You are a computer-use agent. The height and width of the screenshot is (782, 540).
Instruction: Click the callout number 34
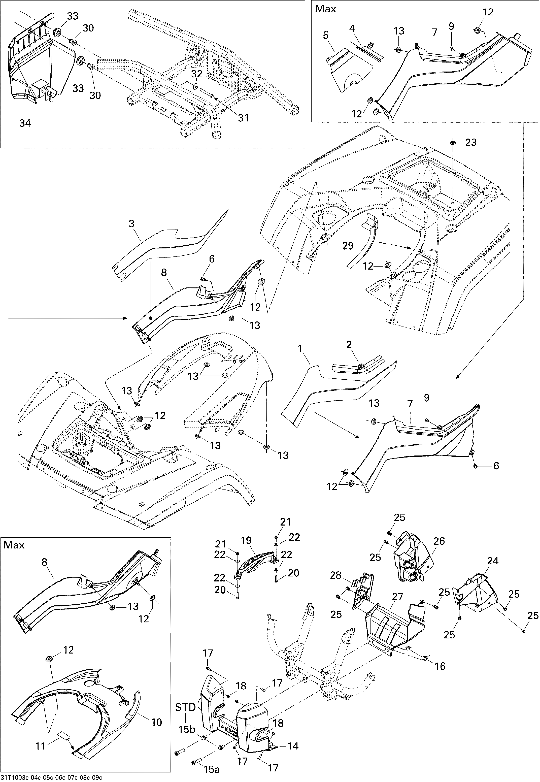(25, 123)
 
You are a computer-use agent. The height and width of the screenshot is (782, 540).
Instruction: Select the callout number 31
(243, 118)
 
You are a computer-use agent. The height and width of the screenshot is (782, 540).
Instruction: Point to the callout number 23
(471, 142)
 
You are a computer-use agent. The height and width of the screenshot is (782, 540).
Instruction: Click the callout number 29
(348, 246)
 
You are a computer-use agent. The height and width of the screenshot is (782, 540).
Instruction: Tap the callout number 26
(439, 541)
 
